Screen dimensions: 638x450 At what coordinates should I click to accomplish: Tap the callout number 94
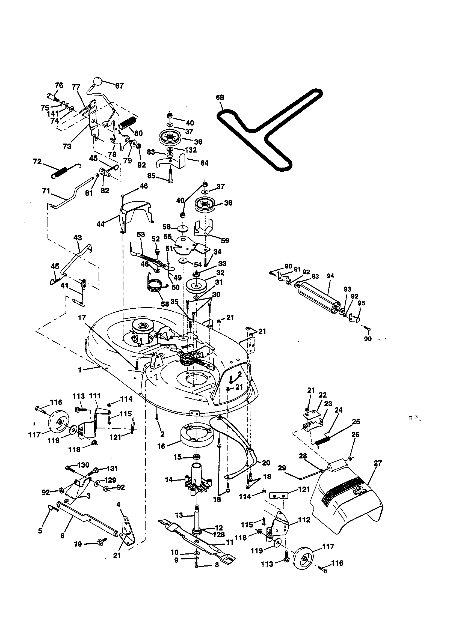pyautogui.click(x=330, y=276)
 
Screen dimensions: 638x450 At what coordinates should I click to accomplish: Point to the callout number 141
pyautogui.click(x=53, y=114)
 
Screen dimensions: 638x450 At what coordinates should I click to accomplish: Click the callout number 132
pyautogui.click(x=191, y=150)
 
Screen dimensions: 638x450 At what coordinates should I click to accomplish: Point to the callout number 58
pyautogui.click(x=165, y=304)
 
